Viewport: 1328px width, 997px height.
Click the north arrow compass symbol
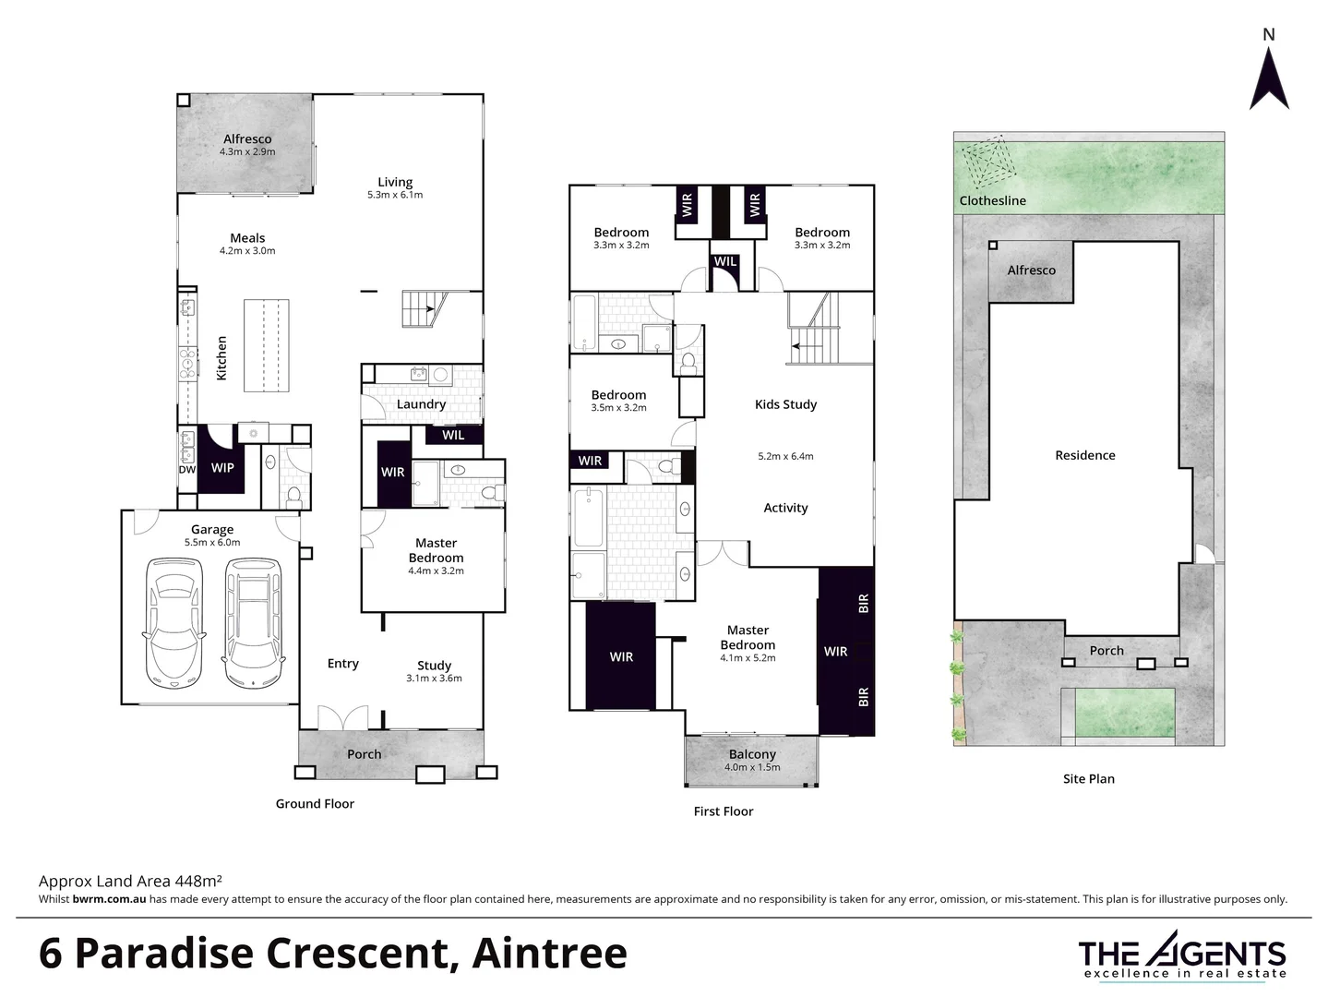[x=1269, y=78]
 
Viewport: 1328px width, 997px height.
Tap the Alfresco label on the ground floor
[x=247, y=139]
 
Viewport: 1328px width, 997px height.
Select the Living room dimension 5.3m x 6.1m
[x=395, y=195]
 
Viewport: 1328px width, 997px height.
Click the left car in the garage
[x=173, y=623]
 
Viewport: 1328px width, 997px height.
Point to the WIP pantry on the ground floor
[x=221, y=468]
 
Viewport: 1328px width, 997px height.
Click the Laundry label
[x=421, y=404]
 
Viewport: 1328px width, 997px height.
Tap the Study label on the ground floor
[x=434, y=666]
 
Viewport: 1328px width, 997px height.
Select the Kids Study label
[x=785, y=404]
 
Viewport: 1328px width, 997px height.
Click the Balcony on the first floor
[x=752, y=760]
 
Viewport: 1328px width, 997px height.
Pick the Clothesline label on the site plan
[x=992, y=200]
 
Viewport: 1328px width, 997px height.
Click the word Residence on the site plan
[x=1085, y=455]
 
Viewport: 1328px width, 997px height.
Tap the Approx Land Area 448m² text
[x=130, y=881]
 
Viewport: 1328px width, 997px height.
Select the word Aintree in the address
[x=549, y=954]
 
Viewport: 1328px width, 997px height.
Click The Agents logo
[x=1182, y=955]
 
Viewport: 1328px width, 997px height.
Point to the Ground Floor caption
[x=315, y=804]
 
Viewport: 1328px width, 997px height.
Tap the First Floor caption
[x=724, y=811]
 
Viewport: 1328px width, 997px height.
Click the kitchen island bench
[x=264, y=345]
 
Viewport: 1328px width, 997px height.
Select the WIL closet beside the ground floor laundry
[x=453, y=435]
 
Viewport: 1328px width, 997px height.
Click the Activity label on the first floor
[x=785, y=508]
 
